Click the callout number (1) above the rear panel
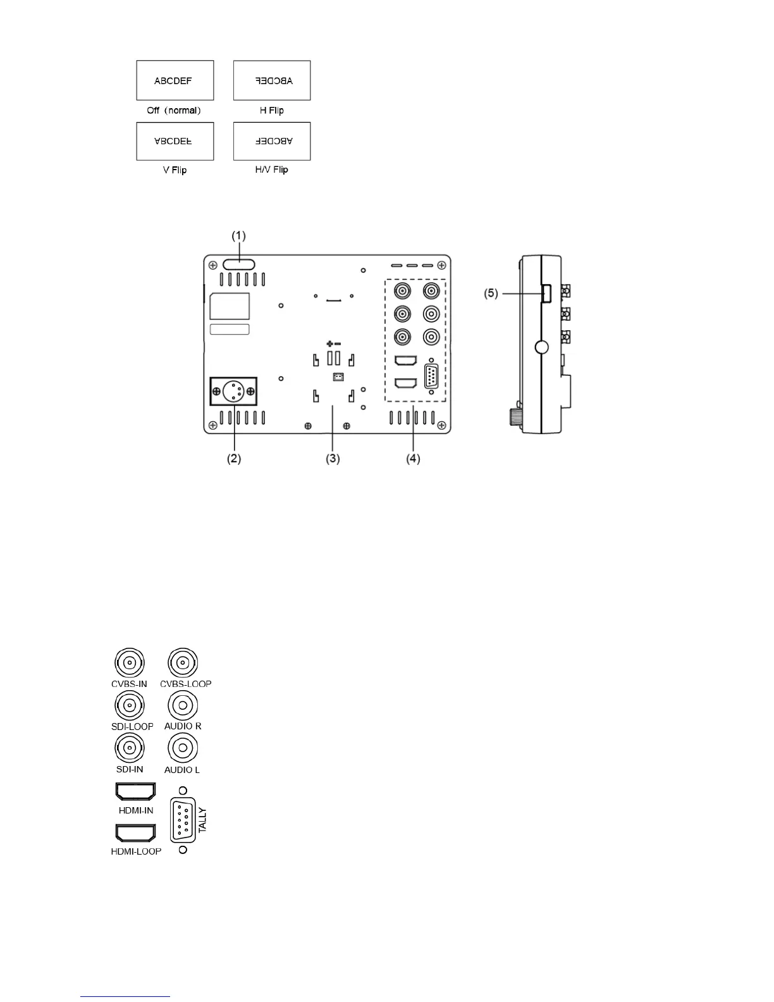[238, 236]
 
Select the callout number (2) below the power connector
[234, 459]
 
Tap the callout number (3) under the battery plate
[333, 459]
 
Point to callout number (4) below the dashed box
[413, 459]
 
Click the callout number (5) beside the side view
[491, 294]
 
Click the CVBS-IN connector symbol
[130, 663]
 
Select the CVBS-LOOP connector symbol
[183, 663]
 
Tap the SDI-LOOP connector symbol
[130, 705]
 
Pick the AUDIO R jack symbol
[183, 705]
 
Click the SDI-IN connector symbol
[130, 748]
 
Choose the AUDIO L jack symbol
[183, 748]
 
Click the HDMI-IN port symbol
[135, 791]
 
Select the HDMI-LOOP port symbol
[135, 832]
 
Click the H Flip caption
[272, 110]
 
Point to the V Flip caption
[175, 170]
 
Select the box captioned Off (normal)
[175, 80]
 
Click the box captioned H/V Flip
[272, 141]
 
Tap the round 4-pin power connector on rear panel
[233, 392]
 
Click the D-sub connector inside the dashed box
[431, 377]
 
